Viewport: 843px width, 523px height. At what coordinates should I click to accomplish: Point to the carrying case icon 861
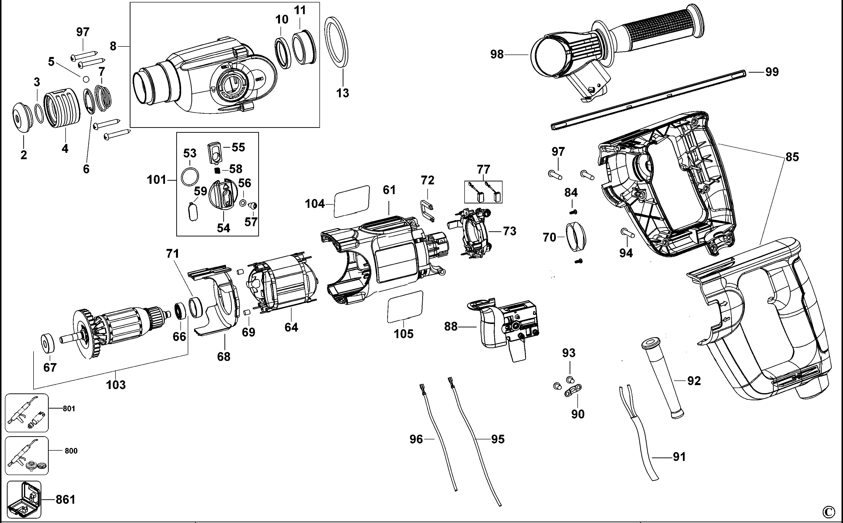point(23,499)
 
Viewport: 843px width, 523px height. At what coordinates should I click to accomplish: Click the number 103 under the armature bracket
point(116,385)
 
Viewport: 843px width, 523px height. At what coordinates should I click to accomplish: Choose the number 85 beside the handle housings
point(792,157)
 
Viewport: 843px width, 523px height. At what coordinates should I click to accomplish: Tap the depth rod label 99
point(772,72)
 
